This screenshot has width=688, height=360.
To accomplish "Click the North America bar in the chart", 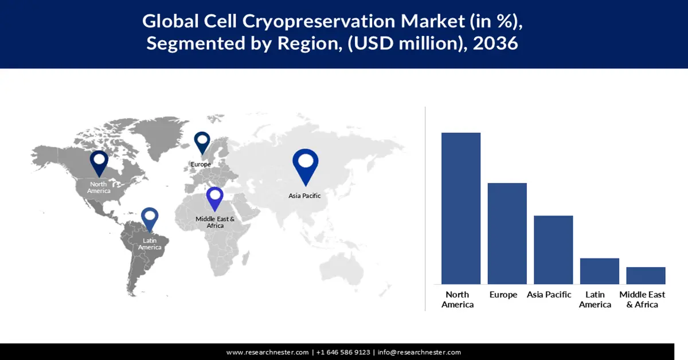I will pyautogui.click(x=461, y=208).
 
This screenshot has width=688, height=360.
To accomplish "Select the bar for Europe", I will pyautogui.click(x=507, y=233).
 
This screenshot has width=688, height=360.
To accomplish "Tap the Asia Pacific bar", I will pyautogui.click(x=553, y=249).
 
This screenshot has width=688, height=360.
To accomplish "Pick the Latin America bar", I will pyautogui.click(x=599, y=271).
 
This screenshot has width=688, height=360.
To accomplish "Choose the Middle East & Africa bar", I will pyautogui.click(x=646, y=275).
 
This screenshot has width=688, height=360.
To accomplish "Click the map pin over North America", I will pyautogui.click(x=99, y=162).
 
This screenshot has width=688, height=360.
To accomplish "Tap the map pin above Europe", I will pyautogui.click(x=202, y=142).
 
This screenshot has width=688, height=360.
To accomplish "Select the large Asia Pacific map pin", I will pyautogui.click(x=305, y=165).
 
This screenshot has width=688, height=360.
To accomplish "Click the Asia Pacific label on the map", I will pyautogui.click(x=304, y=195).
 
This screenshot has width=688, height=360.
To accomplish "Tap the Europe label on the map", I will pyautogui.click(x=201, y=165).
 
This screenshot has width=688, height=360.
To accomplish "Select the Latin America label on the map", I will pyautogui.click(x=150, y=244).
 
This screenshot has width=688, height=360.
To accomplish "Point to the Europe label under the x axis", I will pyautogui.click(x=503, y=295).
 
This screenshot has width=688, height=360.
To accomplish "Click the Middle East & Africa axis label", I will pyautogui.click(x=642, y=299).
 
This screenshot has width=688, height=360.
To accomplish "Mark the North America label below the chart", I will pyautogui.click(x=458, y=299).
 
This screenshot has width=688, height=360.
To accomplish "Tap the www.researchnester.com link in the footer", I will pyautogui.click(x=267, y=352).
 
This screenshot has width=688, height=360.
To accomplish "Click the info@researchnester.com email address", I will pyautogui.click(x=419, y=352).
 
